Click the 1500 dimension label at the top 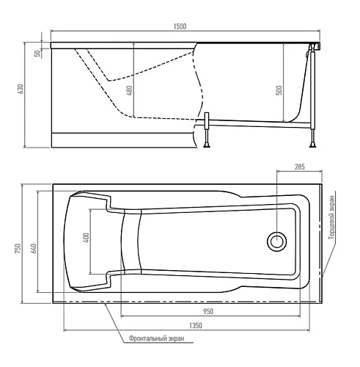pos(180,26)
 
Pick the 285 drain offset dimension pos(298,167)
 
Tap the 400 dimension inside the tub pos(86,239)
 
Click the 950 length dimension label pos(209,311)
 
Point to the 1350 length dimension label pos(196,325)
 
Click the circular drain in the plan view pos(277,240)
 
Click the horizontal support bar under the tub pos(257,120)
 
